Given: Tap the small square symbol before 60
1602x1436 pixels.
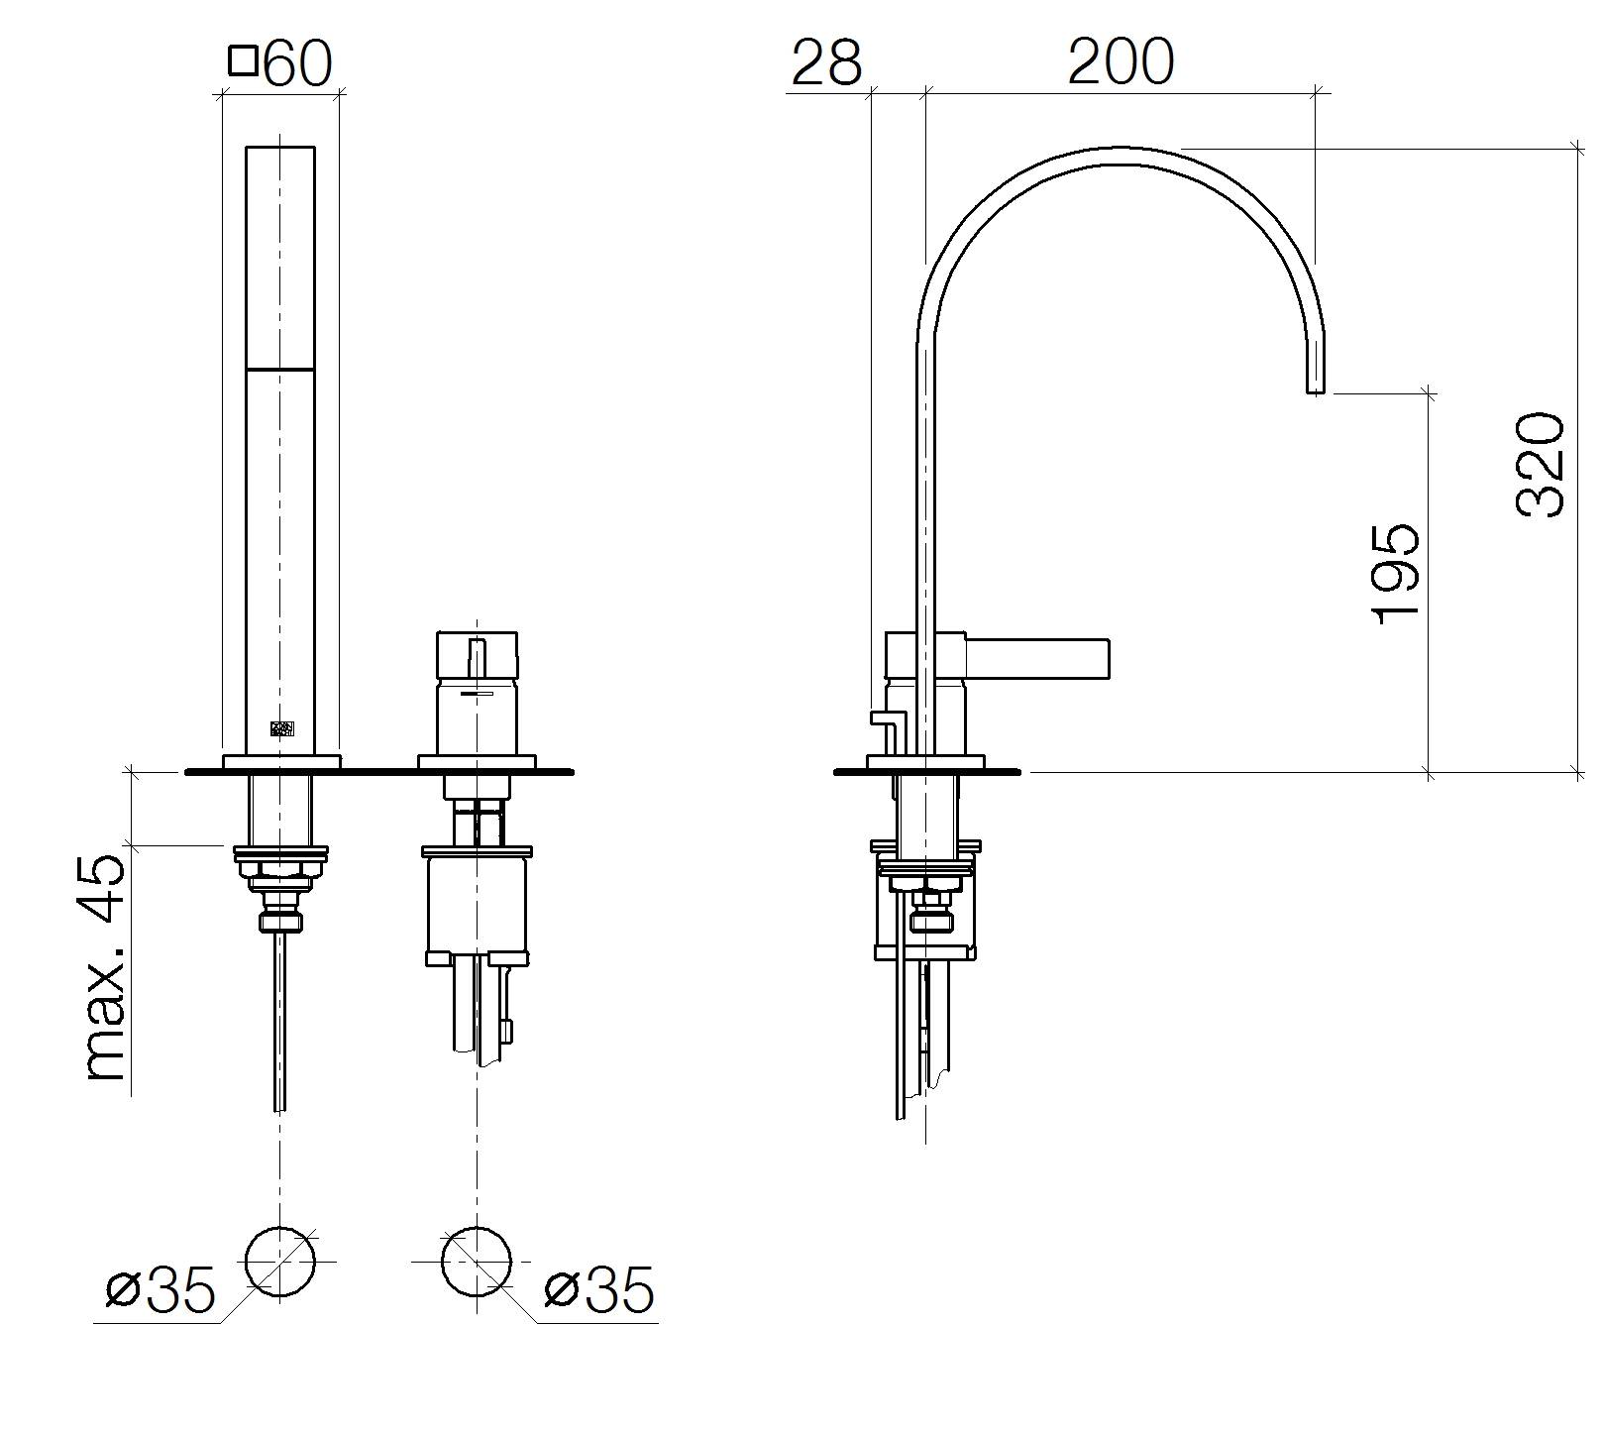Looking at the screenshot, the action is pyautogui.click(x=243, y=61).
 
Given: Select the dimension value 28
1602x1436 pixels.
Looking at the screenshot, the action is pyautogui.click(x=827, y=62).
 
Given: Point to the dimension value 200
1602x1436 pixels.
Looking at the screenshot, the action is pyautogui.click(x=1121, y=61).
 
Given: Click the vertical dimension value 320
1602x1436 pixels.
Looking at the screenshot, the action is pyautogui.click(x=1542, y=465).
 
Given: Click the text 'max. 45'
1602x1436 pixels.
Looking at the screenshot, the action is pyautogui.click(x=107, y=966).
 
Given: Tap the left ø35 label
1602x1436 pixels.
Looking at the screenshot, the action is pyautogui.click(x=160, y=1290).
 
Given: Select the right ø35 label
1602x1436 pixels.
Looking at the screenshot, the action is pyautogui.click(x=599, y=1290).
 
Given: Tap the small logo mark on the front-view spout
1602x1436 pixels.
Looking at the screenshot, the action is pyautogui.click(x=282, y=727).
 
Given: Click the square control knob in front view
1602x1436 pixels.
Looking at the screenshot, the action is pyautogui.click(x=477, y=655).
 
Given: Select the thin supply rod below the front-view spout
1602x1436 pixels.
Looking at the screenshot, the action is pyautogui.click(x=281, y=1021).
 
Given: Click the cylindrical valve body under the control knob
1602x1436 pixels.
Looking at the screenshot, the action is pyautogui.click(x=477, y=903).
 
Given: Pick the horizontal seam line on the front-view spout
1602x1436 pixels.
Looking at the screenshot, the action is pyautogui.click(x=280, y=369).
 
